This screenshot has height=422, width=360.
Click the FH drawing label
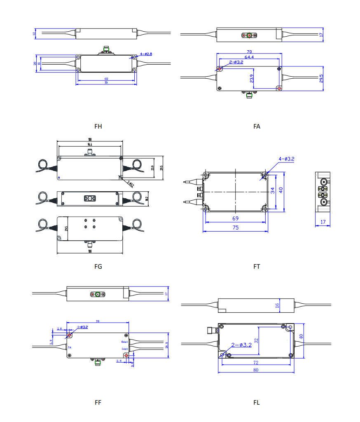98,127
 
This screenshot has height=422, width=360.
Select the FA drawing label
257,127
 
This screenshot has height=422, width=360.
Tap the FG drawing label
98,267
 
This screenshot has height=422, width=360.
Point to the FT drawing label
257,267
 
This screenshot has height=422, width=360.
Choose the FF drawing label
98,403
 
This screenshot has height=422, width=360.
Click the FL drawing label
257,403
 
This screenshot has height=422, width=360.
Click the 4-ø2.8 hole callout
146,54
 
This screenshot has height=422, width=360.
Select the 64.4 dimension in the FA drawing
249,57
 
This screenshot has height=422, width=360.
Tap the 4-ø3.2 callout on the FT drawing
286,159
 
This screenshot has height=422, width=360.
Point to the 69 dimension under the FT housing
235,218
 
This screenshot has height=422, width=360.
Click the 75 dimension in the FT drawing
235,227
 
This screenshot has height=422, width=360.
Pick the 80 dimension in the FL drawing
256,370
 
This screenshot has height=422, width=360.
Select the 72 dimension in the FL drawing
256,362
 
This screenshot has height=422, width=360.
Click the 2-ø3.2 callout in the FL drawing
241,345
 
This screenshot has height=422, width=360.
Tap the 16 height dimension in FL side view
277,305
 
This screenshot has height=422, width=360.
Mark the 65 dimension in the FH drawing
106,78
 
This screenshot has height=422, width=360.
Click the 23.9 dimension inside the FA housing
252,78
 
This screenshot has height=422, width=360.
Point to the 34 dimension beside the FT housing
272,190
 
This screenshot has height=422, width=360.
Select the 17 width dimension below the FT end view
323,222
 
